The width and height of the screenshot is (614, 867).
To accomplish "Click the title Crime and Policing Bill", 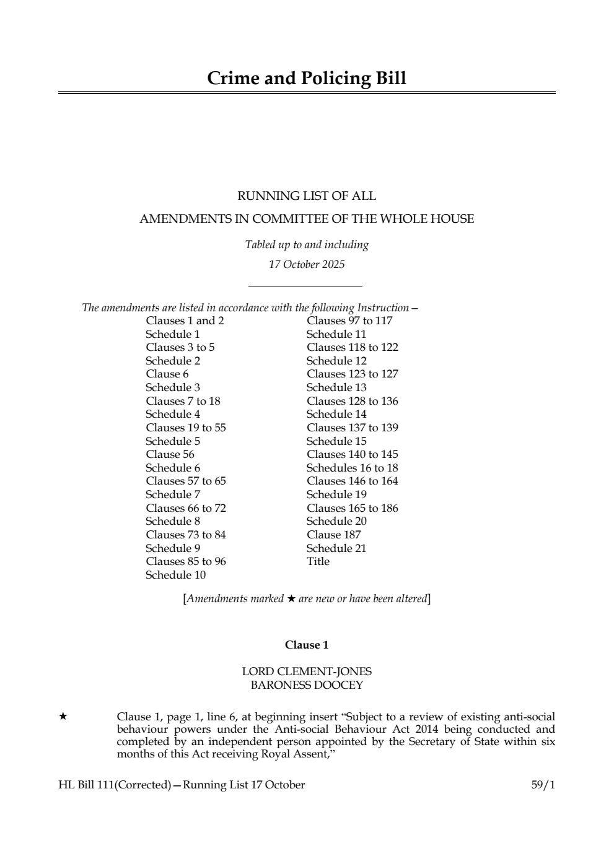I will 307,79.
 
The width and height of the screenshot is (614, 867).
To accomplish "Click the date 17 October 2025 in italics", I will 307,265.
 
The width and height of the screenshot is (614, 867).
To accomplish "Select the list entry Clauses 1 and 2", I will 185,321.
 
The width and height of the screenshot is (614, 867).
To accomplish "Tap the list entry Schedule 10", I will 175,575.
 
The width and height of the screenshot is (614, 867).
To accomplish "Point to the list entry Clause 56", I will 170,454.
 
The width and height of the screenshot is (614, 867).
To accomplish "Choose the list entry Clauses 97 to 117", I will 349,321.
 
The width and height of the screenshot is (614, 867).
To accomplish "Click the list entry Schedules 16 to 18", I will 352,468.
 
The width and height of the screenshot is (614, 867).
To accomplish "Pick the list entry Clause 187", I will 333,535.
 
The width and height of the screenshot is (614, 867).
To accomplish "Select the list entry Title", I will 318,561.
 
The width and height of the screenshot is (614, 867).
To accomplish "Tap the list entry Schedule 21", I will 336,548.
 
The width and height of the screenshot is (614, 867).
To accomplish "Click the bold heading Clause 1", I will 307,645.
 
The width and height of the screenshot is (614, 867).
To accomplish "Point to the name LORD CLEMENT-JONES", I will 307,671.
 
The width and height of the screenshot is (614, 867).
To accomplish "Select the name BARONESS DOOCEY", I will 307,685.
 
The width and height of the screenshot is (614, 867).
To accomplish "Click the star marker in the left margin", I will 63,717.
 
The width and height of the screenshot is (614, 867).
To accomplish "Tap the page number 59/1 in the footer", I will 543,785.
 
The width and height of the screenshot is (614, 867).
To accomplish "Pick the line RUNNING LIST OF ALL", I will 307,196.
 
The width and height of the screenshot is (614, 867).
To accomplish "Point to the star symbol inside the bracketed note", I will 291,599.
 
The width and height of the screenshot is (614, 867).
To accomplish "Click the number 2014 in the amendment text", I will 426,729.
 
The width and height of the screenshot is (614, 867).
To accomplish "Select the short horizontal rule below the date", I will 305,287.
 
